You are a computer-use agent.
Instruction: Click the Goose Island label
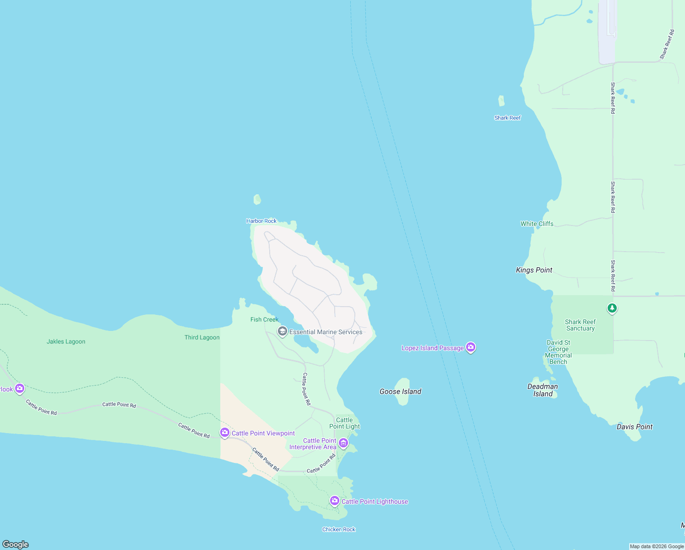[x=400, y=391]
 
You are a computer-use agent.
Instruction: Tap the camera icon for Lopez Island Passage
[x=470, y=347]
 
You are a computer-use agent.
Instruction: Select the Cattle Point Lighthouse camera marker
[x=335, y=501]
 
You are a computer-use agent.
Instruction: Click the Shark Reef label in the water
[x=507, y=118]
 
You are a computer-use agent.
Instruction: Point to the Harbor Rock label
[x=261, y=221]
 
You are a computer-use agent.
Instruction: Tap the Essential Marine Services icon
[x=283, y=331]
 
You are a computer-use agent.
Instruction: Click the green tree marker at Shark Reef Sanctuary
[x=612, y=308]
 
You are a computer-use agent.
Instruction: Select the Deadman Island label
[x=543, y=390]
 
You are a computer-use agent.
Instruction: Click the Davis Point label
[x=634, y=427]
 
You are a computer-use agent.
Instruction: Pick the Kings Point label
[x=534, y=270]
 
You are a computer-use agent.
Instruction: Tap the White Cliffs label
[x=537, y=224]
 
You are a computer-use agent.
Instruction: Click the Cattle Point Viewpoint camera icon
[x=224, y=433]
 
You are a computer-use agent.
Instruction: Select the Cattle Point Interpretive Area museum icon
[x=343, y=443]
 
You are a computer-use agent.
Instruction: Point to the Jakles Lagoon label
[x=66, y=341]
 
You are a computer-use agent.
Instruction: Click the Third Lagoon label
[x=202, y=337]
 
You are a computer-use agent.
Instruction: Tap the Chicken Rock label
[x=339, y=529]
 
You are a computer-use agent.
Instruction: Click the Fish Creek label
[x=264, y=319]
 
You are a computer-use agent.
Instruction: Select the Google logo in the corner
[x=16, y=544]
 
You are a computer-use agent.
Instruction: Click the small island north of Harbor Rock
[x=257, y=199]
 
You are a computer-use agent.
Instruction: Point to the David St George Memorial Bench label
[x=558, y=352]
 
